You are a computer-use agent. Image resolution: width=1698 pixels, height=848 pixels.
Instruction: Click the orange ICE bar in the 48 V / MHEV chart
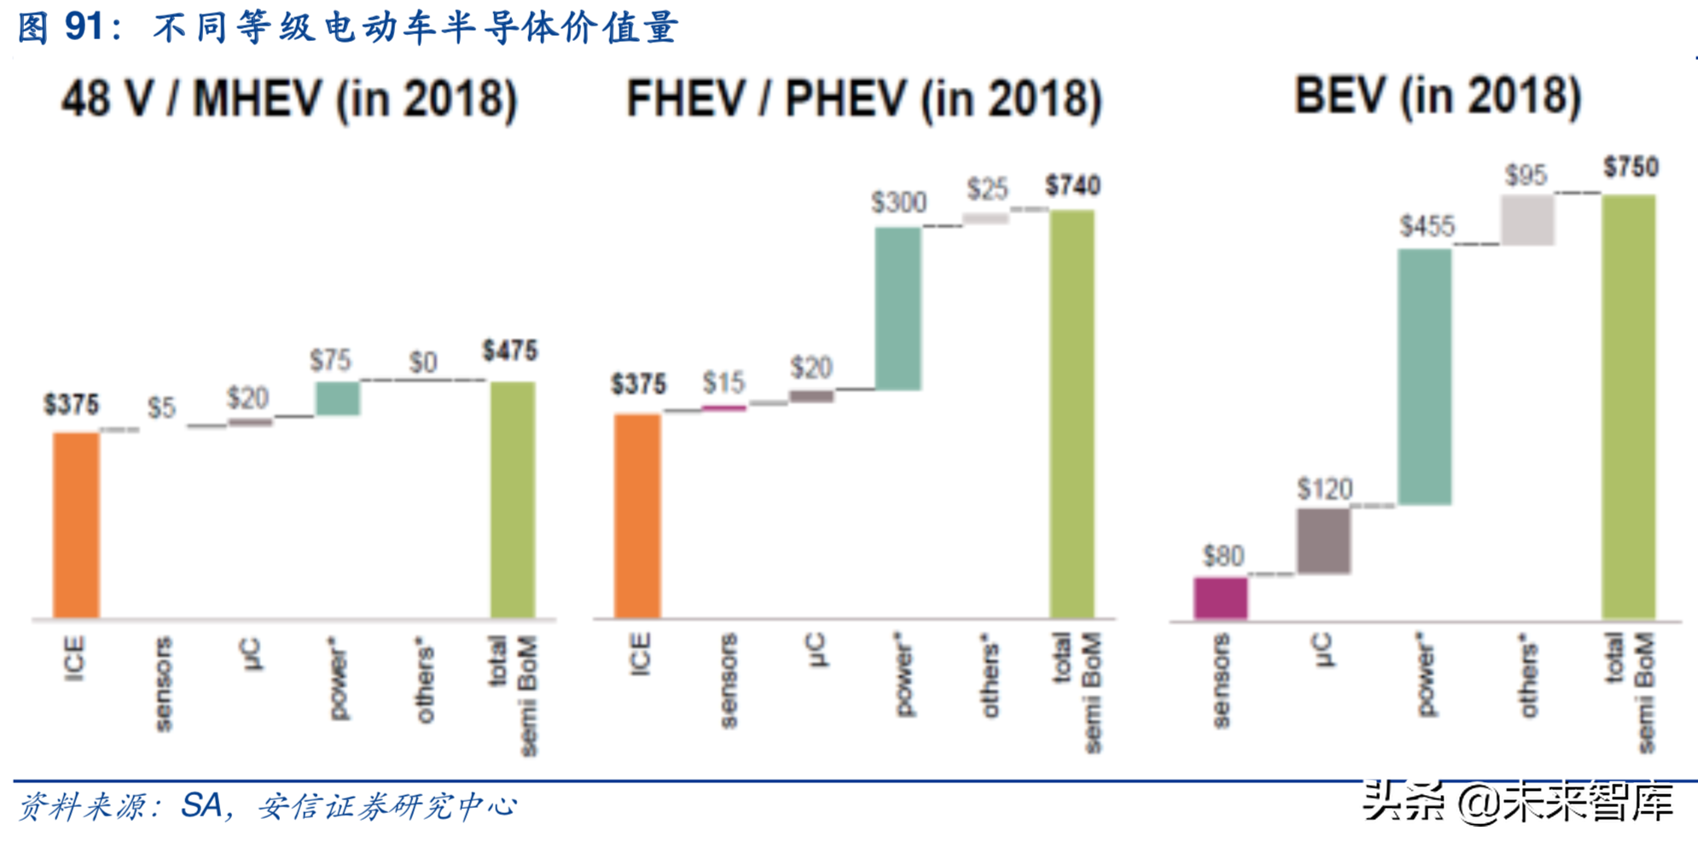(76, 525)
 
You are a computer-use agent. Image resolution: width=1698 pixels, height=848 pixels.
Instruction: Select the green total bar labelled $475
(513, 499)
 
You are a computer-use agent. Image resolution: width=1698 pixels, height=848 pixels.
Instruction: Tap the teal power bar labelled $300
(898, 309)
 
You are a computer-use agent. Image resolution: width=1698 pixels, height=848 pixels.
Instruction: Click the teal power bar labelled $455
(1424, 377)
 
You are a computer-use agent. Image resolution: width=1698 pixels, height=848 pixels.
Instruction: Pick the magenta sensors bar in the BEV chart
(1220, 597)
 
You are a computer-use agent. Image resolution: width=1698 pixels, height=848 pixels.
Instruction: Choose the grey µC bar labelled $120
(1323, 541)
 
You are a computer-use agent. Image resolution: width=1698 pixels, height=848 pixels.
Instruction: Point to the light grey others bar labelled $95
(1527, 220)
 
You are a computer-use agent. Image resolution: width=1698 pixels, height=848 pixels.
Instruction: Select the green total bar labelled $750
(1629, 406)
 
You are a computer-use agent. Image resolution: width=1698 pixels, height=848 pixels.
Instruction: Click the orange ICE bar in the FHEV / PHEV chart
(637, 515)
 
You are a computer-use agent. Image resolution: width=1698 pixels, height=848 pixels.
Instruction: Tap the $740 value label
(1073, 186)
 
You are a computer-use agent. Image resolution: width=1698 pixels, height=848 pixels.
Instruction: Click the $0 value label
(423, 363)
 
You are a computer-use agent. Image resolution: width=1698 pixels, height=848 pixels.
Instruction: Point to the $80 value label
(1223, 556)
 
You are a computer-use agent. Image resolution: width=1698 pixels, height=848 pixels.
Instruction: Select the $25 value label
(987, 189)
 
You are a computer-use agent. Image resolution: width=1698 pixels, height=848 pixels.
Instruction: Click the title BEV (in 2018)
(1438, 96)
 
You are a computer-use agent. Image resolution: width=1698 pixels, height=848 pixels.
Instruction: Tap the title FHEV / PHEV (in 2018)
(864, 99)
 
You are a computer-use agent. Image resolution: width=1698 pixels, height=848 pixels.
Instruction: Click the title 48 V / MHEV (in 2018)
(289, 99)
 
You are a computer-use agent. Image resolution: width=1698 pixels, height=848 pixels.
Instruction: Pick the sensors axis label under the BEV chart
(1221, 681)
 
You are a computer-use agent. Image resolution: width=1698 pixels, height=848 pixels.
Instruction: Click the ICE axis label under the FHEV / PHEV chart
(639, 655)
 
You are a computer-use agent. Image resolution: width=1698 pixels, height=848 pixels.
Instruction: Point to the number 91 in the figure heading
(84, 26)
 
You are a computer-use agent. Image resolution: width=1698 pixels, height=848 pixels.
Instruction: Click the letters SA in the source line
(201, 805)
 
